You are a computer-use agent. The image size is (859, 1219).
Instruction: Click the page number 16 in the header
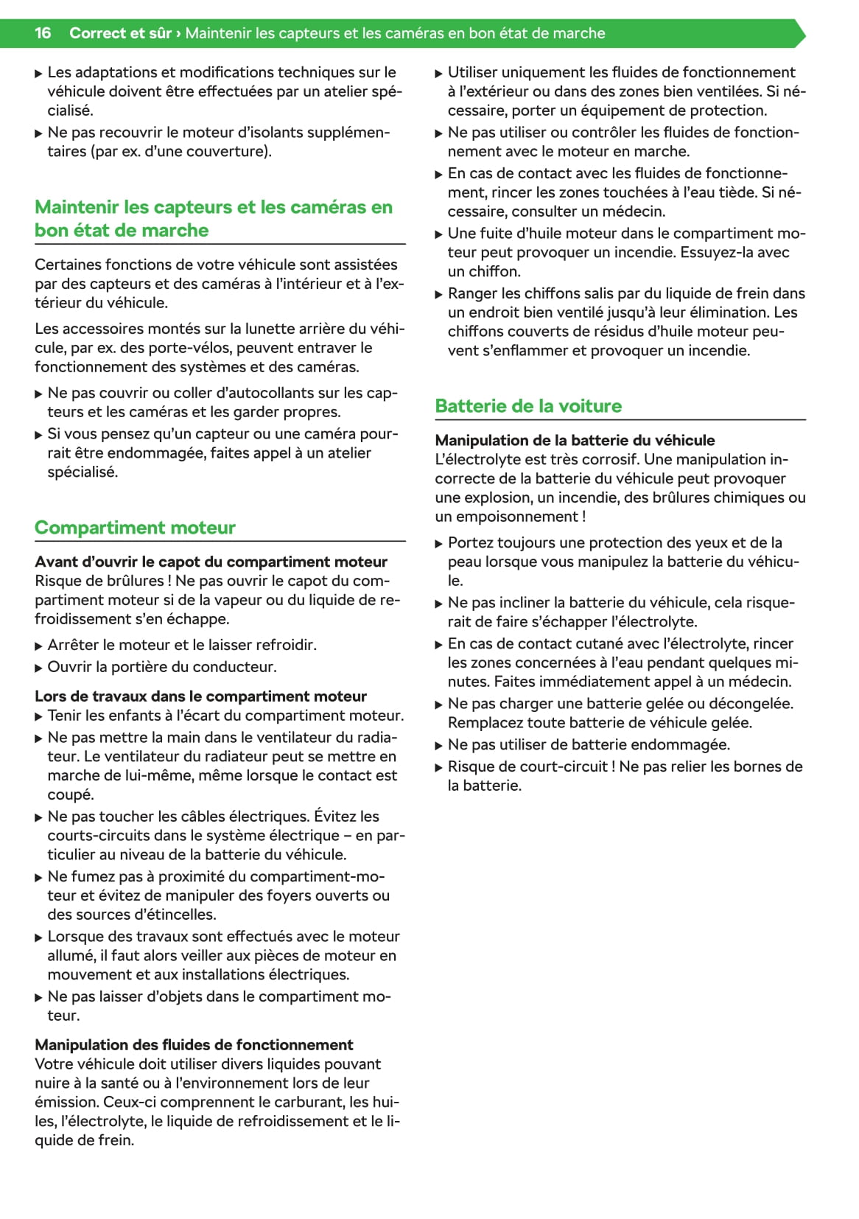(x=43, y=33)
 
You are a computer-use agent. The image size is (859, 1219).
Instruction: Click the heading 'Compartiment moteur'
(x=135, y=528)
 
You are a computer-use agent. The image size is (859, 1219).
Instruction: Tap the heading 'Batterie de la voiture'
(x=528, y=406)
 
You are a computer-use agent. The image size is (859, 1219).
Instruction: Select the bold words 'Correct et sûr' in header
(x=120, y=33)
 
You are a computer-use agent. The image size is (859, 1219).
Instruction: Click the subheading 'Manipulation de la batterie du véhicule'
(x=575, y=440)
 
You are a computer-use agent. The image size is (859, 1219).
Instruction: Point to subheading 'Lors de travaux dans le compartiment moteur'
(x=200, y=696)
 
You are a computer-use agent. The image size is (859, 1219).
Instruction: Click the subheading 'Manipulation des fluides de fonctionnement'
(x=194, y=1045)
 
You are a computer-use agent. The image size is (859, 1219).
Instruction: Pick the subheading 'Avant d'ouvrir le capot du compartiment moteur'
(x=211, y=562)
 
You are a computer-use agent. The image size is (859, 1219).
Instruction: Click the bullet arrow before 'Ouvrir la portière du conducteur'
(x=39, y=668)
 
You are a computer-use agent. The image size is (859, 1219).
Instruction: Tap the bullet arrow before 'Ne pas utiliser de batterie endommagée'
(x=439, y=746)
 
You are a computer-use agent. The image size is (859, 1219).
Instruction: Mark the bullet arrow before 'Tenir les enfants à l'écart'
(x=39, y=716)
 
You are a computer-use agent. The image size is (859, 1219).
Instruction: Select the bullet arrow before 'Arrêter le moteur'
(x=39, y=646)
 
